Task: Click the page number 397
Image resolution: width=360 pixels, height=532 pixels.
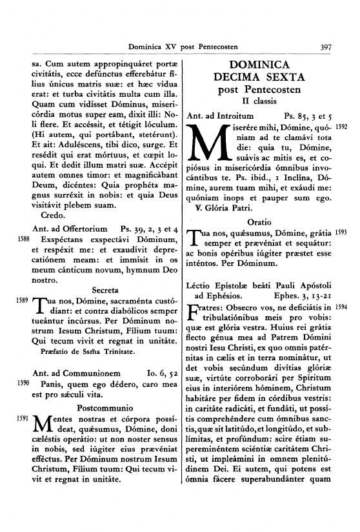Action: click(x=325, y=46)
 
